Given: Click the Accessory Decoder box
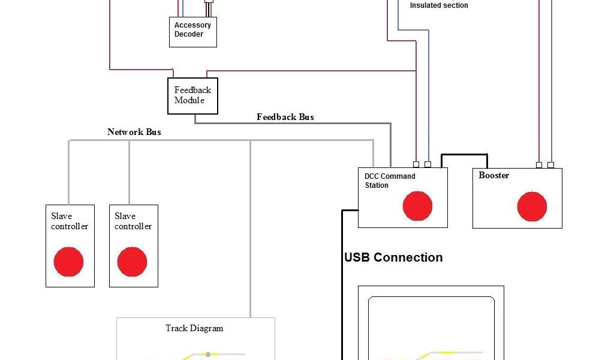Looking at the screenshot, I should [x=192, y=32].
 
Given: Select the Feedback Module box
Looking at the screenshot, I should [x=192, y=96].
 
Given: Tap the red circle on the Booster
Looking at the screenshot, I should [x=532, y=206].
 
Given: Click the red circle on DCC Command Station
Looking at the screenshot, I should [x=417, y=206].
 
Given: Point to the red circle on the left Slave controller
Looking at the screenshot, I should [x=69, y=262].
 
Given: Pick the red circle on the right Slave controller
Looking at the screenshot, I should [x=132, y=262].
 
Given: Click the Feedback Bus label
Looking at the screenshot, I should [x=285, y=117].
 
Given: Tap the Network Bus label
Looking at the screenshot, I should [x=134, y=132].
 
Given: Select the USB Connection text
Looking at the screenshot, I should [x=393, y=257].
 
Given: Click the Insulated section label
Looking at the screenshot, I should [x=439, y=5].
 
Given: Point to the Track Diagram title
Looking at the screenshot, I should [x=194, y=328].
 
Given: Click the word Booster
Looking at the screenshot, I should [x=493, y=176].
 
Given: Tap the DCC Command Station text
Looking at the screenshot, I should [x=390, y=181].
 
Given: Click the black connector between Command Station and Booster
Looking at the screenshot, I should [x=464, y=155].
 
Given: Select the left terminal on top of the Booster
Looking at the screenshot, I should [x=539, y=164].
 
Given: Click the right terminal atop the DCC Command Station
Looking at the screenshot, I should [x=428, y=164].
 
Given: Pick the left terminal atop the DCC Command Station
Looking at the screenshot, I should [x=416, y=164].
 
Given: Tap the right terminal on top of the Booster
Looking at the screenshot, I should [x=551, y=164].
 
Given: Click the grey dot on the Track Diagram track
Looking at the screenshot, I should [x=207, y=354].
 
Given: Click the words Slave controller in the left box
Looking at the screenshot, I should [x=70, y=221].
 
